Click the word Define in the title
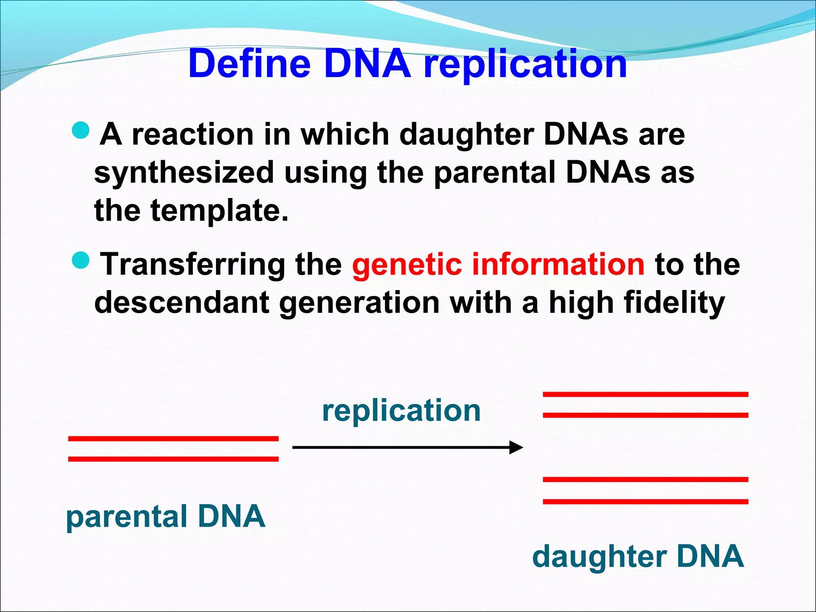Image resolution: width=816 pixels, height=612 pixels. (x=249, y=64)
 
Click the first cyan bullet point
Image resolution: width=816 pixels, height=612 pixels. (x=81, y=130)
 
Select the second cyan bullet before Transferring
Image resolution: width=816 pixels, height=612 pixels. (x=81, y=260)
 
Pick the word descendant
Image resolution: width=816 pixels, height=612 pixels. (x=182, y=303)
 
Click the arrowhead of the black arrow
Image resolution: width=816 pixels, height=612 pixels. (x=516, y=447)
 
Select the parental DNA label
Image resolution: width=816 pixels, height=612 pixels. (x=165, y=516)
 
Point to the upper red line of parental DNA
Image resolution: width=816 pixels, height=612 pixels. (x=173, y=439)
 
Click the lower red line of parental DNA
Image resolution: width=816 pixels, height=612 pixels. (x=173, y=459)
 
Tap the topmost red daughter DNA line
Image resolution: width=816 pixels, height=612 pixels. (x=645, y=394)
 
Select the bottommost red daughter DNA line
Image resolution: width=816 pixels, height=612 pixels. (x=645, y=502)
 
